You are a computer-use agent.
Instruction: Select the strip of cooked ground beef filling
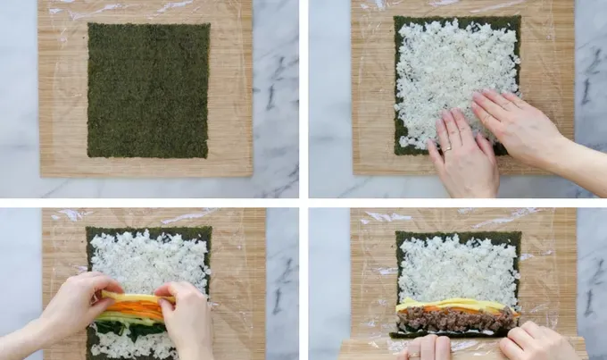455,320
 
